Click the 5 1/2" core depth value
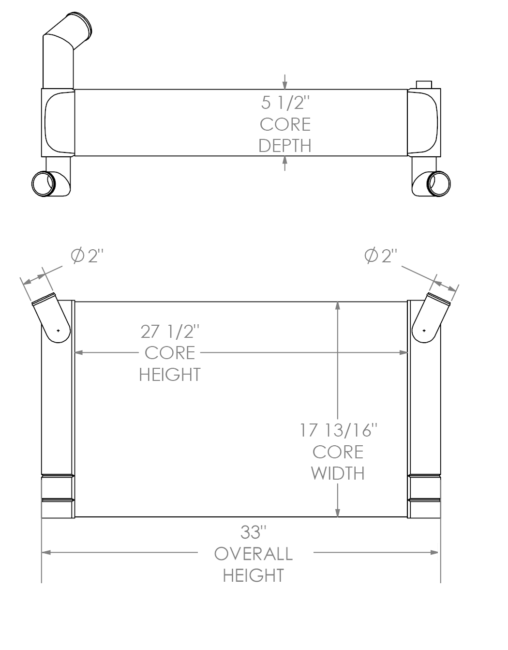click(285, 103)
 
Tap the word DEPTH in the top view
click(285, 146)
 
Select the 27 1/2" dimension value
click(170, 332)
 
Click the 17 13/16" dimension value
click(338, 430)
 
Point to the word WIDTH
click(338, 473)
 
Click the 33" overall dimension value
click(254, 532)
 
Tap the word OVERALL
click(254, 554)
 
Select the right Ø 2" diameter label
click(380, 256)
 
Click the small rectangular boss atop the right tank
click(424, 85)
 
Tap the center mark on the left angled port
click(58, 331)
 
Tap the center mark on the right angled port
click(424, 331)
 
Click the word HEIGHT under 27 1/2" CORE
click(170, 375)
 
